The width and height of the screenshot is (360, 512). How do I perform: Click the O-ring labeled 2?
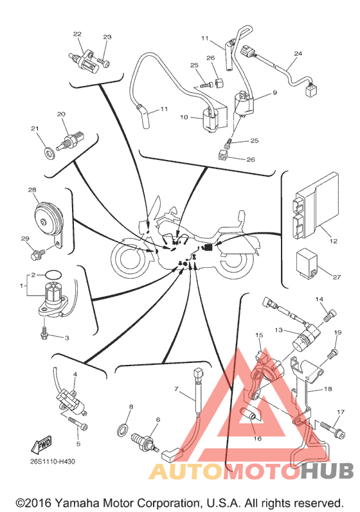(x=53, y=274)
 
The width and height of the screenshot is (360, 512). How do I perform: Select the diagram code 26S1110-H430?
(x=53, y=461)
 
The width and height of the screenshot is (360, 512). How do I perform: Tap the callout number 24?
(x=298, y=53)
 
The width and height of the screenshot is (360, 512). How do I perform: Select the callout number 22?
(x=77, y=34)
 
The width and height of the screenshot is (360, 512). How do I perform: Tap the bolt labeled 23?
(x=103, y=62)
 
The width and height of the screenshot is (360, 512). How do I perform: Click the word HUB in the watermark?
(x=327, y=471)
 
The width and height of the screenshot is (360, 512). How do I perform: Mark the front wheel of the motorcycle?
(x=129, y=258)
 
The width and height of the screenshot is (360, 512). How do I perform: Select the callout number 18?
(x=328, y=389)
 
